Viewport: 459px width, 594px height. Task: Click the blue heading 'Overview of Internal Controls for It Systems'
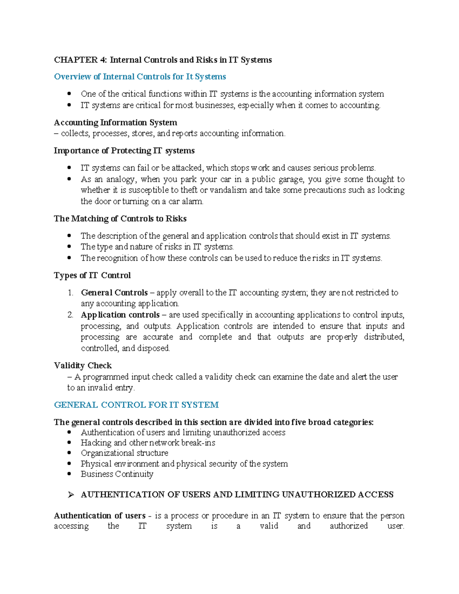tap(140, 77)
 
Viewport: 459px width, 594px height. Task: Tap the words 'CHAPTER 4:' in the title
tap(81, 60)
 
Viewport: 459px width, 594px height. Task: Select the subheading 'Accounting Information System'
tap(115, 123)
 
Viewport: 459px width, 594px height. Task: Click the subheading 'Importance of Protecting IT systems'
tap(124, 151)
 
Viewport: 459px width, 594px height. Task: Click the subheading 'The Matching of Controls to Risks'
tap(120, 219)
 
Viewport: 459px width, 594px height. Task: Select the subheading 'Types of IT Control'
tap(92, 275)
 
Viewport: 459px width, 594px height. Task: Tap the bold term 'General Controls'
tap(114, 293)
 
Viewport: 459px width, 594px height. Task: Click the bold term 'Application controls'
tap(120, 315)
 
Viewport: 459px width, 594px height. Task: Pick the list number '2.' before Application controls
tap(70, 315)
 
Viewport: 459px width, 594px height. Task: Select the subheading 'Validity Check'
tap(83, 366)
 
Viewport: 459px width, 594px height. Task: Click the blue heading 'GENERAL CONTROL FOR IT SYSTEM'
tap(136, 405)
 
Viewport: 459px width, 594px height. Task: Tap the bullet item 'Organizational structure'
tap(124, 453)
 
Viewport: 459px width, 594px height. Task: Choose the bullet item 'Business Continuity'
tap(117, 474)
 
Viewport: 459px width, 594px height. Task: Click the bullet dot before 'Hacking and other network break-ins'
tap(69, 443)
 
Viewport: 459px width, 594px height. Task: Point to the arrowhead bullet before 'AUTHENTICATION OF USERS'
tap(70, 495)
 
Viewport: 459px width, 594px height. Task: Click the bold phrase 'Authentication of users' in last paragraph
tap(99, 516)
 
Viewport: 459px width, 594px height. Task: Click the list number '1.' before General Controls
tap(70, 293)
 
